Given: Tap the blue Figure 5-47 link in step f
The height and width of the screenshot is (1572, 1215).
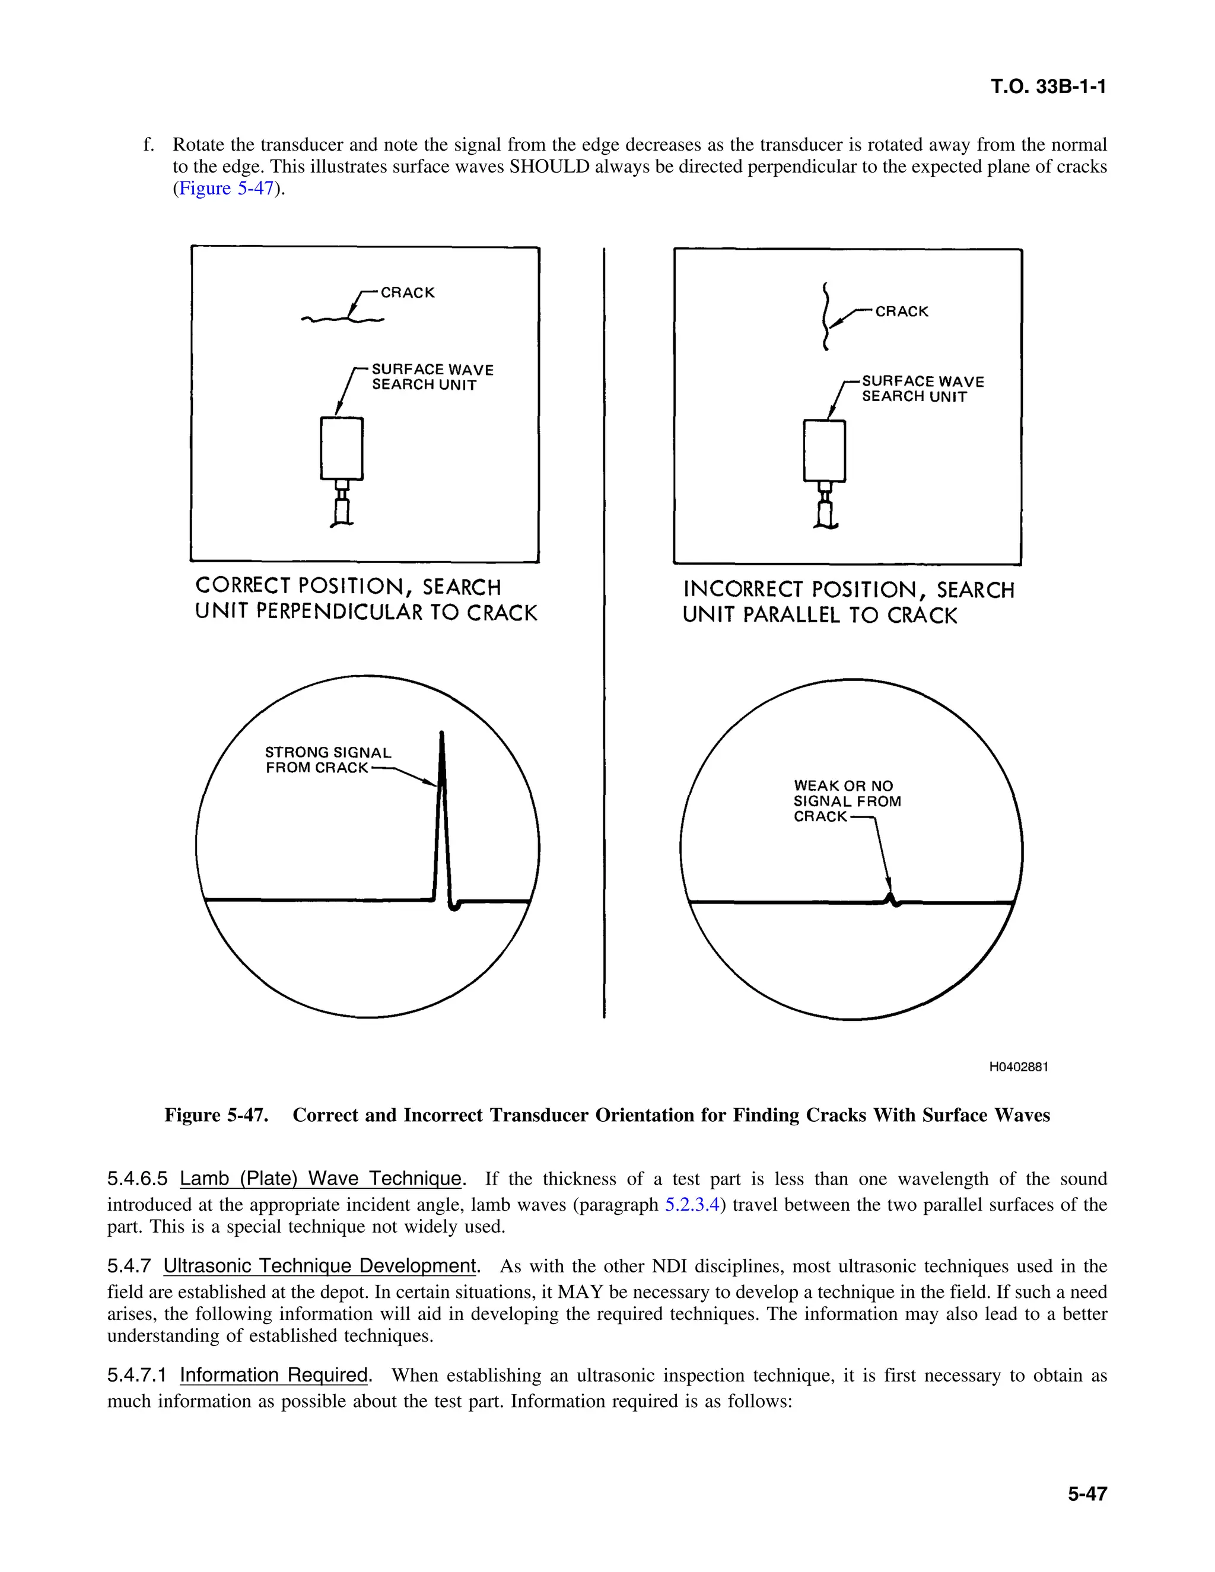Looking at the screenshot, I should (x=226, y=189).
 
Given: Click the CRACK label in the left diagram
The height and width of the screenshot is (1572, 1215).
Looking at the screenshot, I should (x=408, y=293).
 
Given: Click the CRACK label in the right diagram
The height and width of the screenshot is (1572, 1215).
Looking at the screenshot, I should (x=901, y=311).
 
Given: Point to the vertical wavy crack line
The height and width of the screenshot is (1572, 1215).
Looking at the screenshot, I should (x=826, y=317).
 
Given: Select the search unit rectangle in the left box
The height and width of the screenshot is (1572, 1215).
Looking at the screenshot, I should (x=341, y=448).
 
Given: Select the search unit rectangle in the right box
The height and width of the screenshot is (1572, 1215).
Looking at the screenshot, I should (x=824, y=451).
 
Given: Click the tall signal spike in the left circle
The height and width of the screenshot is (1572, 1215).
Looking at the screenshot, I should (x=442, y=813).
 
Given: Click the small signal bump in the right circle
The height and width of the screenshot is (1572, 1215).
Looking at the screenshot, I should (x=892, y=898).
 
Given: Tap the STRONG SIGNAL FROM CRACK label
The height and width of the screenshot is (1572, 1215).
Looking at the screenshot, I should (x=327, y=760).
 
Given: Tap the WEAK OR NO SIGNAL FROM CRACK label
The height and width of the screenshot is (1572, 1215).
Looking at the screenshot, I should (x=846, y=801).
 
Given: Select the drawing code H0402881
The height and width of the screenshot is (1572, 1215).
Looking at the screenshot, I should (x=1018, y=1067).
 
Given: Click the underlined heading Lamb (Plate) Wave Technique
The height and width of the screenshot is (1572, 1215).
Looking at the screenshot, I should (x=320, y=1179).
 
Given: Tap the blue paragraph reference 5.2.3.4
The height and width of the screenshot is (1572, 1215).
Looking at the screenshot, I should (x=692, y=1205).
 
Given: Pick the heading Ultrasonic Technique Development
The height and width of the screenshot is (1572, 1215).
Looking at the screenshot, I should (x=320, y=1266).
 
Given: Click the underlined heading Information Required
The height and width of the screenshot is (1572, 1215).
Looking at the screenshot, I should (x=273, y=1375).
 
